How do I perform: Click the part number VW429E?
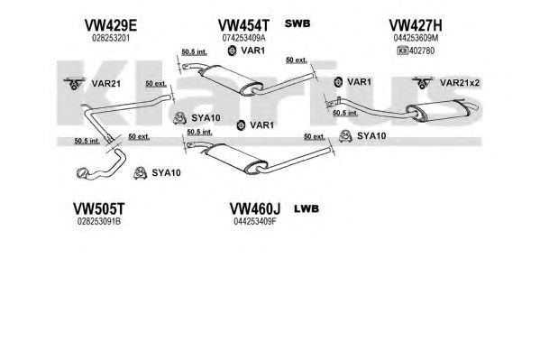pos(111,25)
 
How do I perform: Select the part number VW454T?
pos(243,25)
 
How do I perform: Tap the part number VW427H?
pos(416,25)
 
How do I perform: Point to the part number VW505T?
pos(98,208)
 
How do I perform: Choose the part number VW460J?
pos(255,208)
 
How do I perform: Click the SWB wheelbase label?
pos(297,23)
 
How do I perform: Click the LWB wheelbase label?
pos(307,208)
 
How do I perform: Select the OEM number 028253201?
pos(111,38)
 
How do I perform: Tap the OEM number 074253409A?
pos(243,38)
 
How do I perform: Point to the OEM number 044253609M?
pos(416,38)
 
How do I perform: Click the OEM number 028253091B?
pos(99,221)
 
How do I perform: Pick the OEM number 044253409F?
pos(255,221)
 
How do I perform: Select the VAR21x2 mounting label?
pos(460,83)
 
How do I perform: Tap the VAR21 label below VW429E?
pos(105,83)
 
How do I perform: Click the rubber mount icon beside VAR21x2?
pos(422,83)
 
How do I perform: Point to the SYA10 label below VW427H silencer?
pos(371,136)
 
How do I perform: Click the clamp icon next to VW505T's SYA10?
pos(140,172)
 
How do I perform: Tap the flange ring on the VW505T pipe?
pos(83,173)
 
